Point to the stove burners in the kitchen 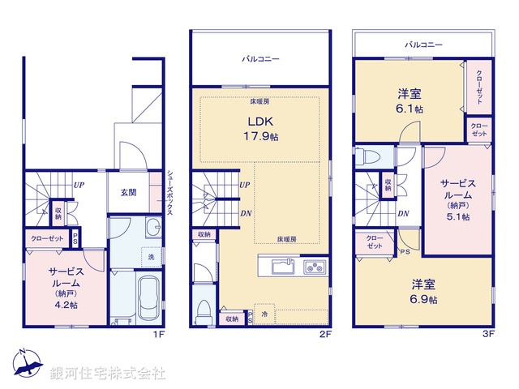point(314,267)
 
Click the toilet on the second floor point(203,310)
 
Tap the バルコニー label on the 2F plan point(260,59)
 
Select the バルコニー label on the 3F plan point(423,45)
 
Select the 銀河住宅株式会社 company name point(107,374)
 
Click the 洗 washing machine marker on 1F point(151,258)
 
